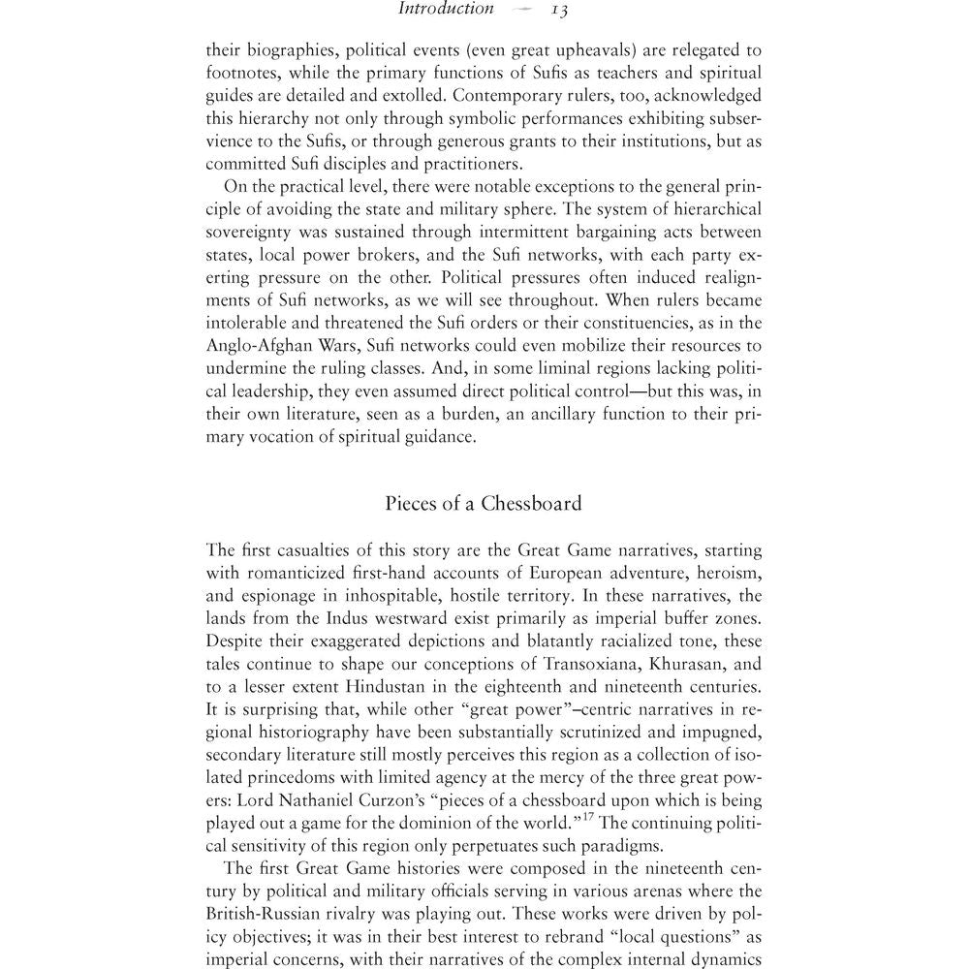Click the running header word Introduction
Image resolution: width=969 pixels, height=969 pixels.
[x=447, y=10]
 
